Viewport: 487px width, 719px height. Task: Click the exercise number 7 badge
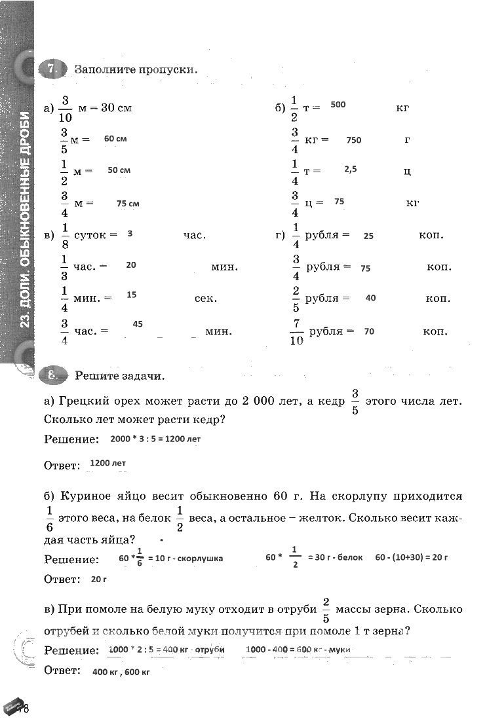[53, 69]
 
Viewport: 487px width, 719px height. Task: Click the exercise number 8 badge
[53, 375]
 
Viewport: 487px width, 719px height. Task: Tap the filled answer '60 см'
[115, 139]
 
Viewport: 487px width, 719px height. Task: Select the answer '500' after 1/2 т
[338, 105]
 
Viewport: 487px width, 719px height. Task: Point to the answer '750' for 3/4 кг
[354, 140]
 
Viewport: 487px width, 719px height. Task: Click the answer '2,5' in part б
[350, 169]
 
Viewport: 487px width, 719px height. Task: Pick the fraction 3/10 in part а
[66, 108]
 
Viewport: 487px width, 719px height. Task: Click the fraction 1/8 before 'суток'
[65, 235]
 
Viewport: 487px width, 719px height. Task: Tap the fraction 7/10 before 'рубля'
[296, 331]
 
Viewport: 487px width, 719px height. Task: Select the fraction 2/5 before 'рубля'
[296, 299]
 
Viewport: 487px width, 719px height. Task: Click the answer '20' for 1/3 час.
[131, 265]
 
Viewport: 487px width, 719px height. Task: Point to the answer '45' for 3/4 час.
[138, 323]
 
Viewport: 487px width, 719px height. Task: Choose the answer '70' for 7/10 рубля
[369, 331]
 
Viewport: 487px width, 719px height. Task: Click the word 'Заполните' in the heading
[104, 69]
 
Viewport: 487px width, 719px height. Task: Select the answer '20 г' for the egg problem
[99, 579]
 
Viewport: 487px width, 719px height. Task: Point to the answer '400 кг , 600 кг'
[121, 673]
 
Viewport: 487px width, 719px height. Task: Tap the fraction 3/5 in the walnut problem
[355, 401]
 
